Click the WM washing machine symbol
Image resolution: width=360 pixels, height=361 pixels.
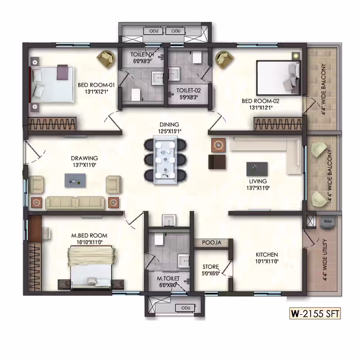click(328, 222)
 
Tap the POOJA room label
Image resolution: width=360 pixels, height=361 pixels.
click(212, 243)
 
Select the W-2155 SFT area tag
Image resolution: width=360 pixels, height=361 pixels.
click(315, 313)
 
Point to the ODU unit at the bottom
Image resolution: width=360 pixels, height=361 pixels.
click(186, 308)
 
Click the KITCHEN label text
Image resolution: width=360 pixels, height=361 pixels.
click(267, 255)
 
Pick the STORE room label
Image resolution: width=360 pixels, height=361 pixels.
click(210, 267)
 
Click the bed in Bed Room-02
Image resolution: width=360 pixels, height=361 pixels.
click(279, 78)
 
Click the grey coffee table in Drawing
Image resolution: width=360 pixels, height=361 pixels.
click(75, 180)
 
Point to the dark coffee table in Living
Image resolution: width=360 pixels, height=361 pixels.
click(257, 169)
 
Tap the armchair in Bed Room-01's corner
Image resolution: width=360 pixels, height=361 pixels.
click(106, 59)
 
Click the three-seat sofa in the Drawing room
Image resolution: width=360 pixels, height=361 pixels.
click(75, 203)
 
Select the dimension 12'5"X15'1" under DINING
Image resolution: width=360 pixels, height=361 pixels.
click(170, 132)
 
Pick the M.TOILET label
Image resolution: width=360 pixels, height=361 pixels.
click(168, 278)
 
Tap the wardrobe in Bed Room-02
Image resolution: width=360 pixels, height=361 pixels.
click(278, 124)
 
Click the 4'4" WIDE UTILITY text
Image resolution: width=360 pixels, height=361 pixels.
click(325, 260)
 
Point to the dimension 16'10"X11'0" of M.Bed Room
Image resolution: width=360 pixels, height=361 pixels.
click(89, 242)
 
